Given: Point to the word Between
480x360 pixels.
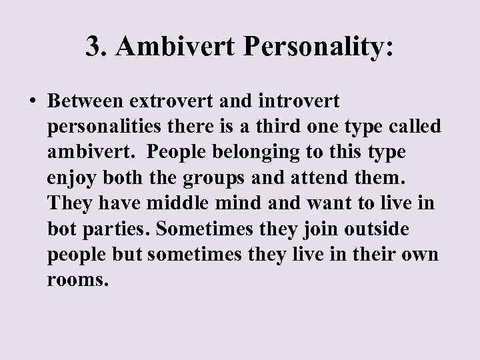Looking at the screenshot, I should click(x=88, y=102).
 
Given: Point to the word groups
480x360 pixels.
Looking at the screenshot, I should click(x=208, y=178).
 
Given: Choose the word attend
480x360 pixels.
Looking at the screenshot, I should click(x=316, y=177).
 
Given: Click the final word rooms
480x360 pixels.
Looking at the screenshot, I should click(x=77, y=279).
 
